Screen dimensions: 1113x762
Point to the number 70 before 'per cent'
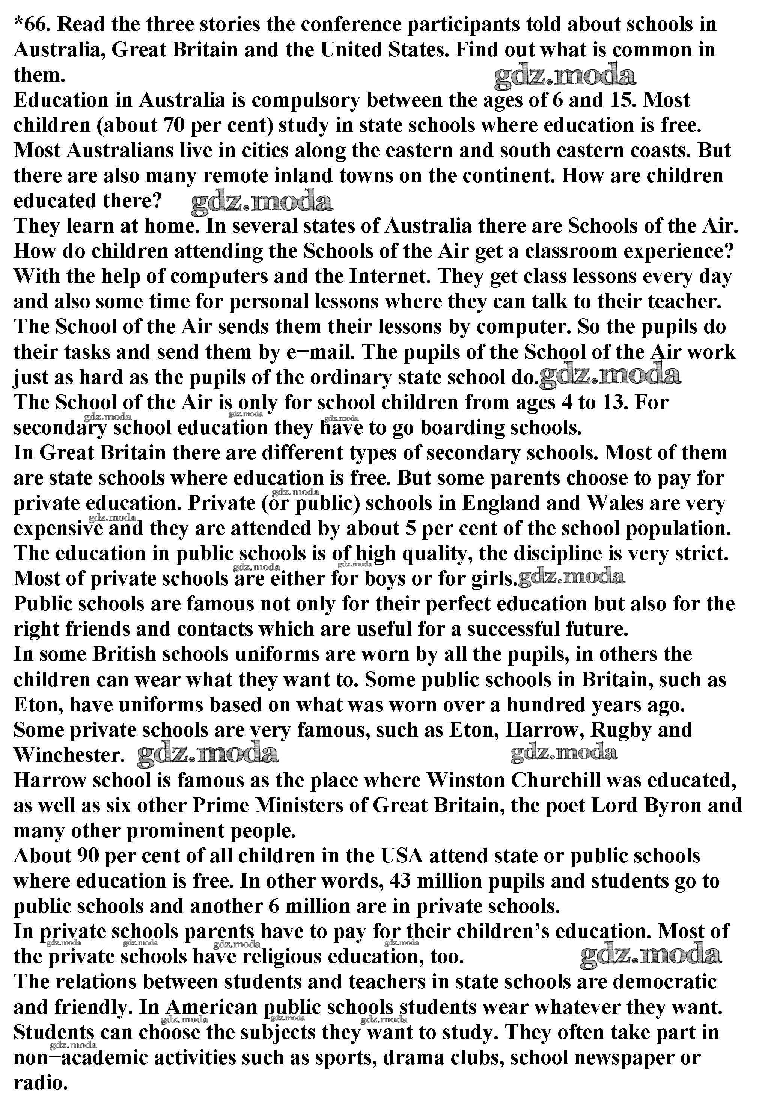click(x=174, y=125)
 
